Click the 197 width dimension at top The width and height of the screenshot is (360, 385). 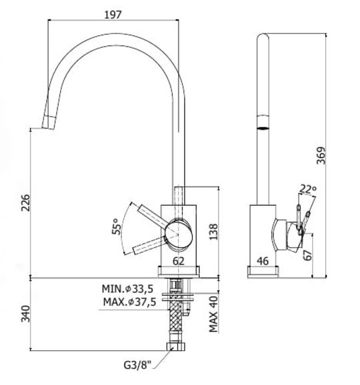click(113, 15)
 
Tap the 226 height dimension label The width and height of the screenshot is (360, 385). click(25, 202)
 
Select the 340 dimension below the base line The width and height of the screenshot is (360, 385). click(25, 314)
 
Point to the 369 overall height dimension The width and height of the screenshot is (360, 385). click(321, 156)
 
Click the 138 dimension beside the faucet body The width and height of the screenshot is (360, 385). click(213, 232)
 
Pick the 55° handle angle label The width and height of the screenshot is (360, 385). click(116, 226)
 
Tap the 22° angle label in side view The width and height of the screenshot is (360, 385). click(307, 189)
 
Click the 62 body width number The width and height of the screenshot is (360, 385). click(179, 261)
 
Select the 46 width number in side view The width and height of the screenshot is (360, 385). click(263, 261)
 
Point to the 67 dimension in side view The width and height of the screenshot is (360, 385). click(307, 255)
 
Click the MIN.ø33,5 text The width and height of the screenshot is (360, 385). click(127, 289)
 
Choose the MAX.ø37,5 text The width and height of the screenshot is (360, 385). click(129, 302)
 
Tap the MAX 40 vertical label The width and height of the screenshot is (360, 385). click(213, 314)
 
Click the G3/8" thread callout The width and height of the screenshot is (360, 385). click(137, 365)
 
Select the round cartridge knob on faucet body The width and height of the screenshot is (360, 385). click(178, 235)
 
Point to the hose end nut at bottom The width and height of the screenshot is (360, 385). click(175, 346)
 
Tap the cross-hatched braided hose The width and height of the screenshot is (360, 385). click(176, 319)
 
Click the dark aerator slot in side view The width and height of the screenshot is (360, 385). click(263, 128)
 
